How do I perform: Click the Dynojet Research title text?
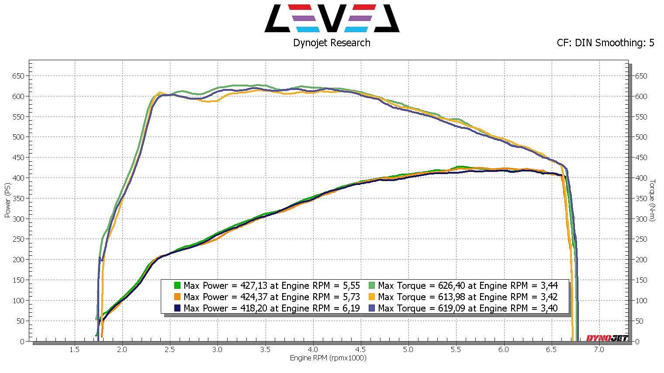tap(332, 43)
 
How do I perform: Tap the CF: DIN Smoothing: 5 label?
tap(605, 43)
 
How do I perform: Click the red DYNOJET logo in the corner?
tap(607, 338)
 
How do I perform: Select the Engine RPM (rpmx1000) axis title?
tap(328, 358)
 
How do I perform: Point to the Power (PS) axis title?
tap(7, 201)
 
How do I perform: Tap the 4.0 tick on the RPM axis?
tap(313, 349)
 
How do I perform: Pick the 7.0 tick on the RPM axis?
tap(599, 349)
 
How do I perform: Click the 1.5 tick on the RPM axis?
tap(74, 349)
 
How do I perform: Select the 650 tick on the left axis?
tap(18, 76)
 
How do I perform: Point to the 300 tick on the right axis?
tap(641, 219)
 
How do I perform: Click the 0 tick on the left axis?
tap(22, 342)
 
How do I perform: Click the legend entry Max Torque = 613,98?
tap(467, 297)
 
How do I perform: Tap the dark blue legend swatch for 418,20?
tap(177, 308)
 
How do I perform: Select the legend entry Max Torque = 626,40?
tap(467, 286)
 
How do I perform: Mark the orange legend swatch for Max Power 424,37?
tap(177, 297)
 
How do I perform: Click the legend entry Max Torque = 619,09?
tap(467, 308)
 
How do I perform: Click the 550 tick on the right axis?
tap(641, 117)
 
